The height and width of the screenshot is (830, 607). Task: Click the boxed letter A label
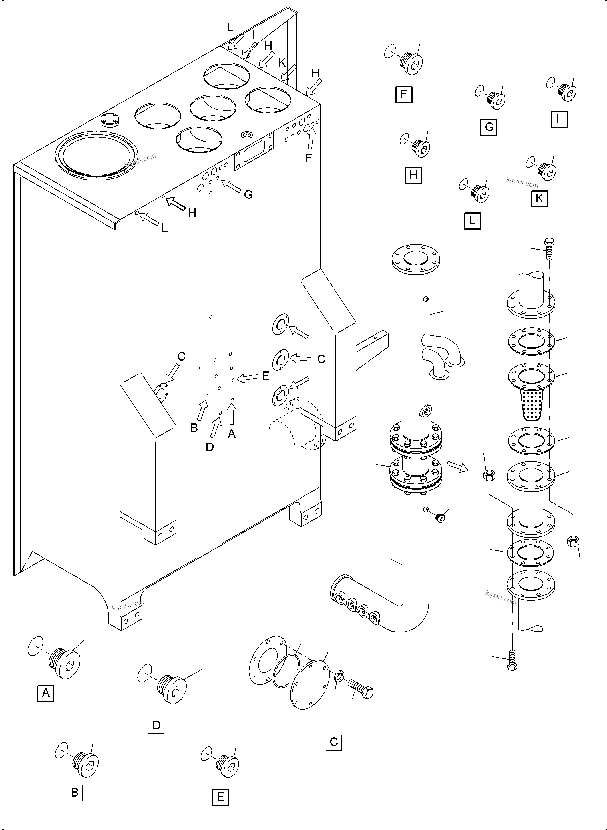46,693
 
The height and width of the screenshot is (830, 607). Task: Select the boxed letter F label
404,95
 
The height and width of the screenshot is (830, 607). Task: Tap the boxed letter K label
539,198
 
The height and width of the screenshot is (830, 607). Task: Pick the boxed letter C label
334,742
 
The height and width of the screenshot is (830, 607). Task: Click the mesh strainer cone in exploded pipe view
532,405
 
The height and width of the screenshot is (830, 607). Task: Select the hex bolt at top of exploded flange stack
549,248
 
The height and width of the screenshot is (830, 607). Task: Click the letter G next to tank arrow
248,195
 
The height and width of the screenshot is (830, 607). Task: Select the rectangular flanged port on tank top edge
254,151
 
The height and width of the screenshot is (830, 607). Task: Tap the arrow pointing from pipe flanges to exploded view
457,466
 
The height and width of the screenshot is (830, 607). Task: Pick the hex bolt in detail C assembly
361,689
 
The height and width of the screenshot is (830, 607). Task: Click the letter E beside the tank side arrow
265,376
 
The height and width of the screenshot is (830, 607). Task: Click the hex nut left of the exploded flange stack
489,475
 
